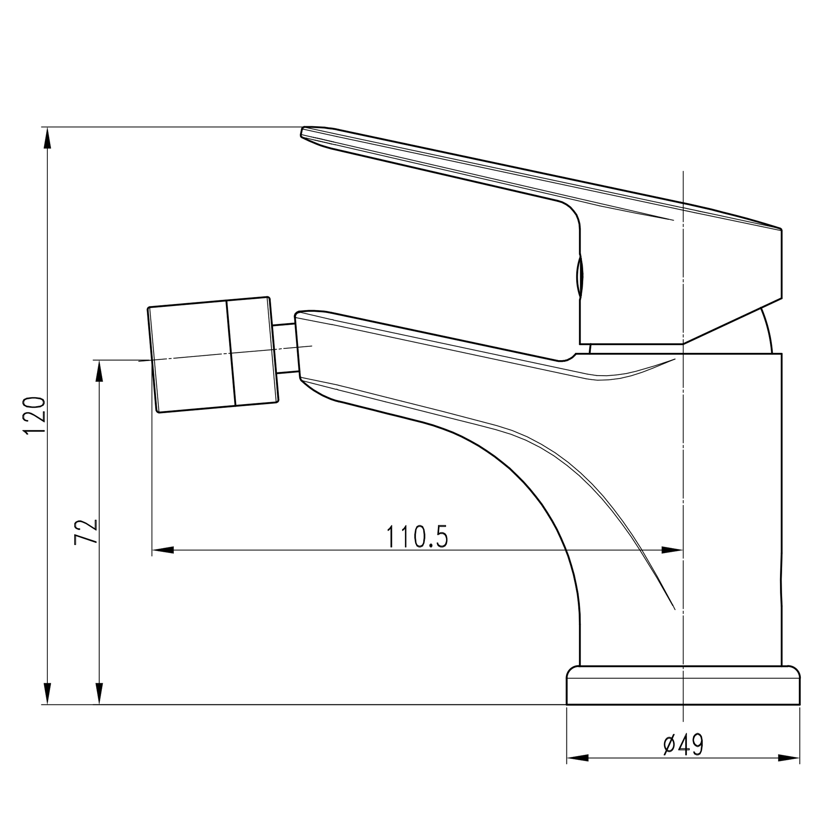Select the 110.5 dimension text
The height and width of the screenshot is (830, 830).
click(417, 536)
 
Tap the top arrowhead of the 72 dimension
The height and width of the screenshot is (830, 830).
click(99, 371)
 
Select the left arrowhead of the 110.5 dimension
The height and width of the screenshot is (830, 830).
click(163, 550)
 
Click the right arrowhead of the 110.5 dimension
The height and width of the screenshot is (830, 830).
click(672, 550)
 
